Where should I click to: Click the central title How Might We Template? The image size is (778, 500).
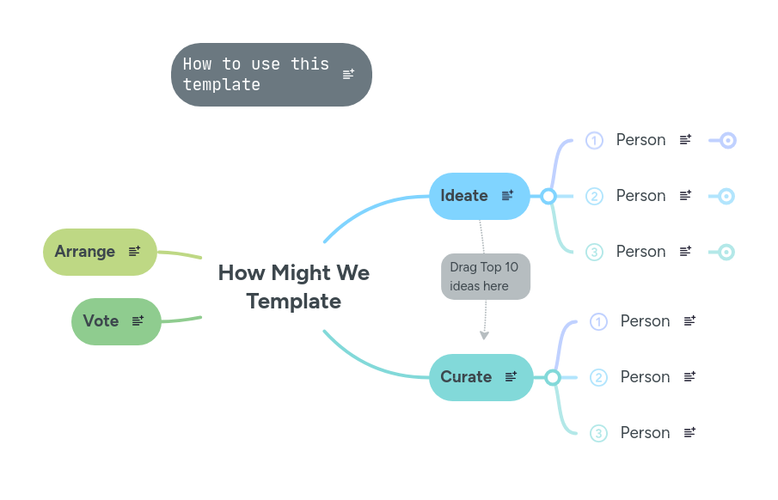click(x=293, y=287)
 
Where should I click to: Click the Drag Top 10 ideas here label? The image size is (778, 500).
click(x=485, y=277)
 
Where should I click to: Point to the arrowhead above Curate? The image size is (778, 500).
click(x=484, y=335)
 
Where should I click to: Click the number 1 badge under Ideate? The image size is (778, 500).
click(x=594, y=140)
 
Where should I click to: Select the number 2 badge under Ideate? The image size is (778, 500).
click(x=594, y=196)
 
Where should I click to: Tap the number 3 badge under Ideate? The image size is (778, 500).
click(x=594, y=252)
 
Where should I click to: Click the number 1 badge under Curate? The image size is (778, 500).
click(x=598, y=321)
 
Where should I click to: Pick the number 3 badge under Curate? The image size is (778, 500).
click(x=598, y=433)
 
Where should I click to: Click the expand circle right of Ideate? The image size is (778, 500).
click(x=548, y=196)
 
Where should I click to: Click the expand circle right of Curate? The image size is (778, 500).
click(x=553, y=377)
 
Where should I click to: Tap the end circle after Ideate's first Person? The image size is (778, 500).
click(x=727, y=140)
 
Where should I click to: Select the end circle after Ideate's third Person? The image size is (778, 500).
click(x=726, y=252)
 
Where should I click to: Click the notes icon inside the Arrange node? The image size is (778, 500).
click(x=134, y=251)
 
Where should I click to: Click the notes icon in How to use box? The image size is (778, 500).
click(x=348, y=75)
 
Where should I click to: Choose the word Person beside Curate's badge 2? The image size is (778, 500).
click(x=645, y=377)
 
